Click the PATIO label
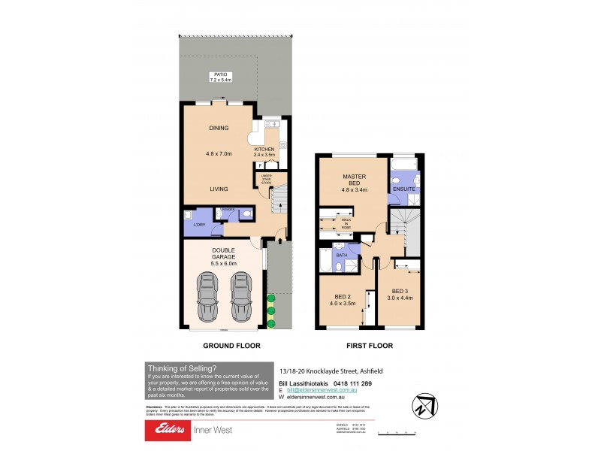219,75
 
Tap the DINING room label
219,128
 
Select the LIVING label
219,189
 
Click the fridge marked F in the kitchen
260,165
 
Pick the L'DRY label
199,225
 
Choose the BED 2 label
343,297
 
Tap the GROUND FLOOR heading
231,347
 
